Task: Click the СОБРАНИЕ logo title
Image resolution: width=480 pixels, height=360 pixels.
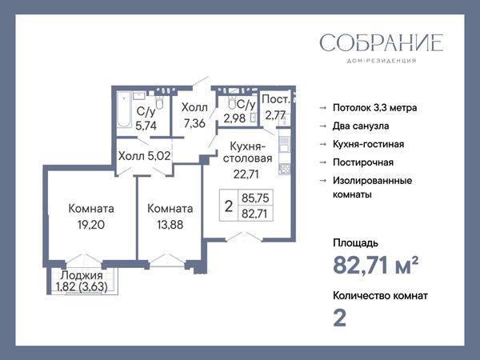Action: click(382, 43)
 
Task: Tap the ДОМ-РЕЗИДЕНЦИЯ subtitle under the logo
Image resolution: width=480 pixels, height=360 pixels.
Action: click(382, 61)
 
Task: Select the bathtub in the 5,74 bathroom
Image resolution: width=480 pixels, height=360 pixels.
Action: click(124, 110)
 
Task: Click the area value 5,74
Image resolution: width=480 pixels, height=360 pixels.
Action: click(146, 126)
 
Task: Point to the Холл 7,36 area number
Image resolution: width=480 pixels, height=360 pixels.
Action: click(194, 123)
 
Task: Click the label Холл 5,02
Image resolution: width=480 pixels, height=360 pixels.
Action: click(144, 156)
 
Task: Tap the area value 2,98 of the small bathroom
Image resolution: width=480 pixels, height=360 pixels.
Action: click(234, 118)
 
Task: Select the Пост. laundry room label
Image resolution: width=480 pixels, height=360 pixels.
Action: click(275, 99)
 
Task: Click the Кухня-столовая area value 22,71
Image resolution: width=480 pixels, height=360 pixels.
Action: click(246, 174)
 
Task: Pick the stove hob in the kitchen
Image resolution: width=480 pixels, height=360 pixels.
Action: click(284, 169)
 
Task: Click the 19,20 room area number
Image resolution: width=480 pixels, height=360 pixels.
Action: click(91, 225)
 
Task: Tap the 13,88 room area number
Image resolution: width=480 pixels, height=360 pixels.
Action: click(170, 225)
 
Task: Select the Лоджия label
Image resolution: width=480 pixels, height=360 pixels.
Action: click(82, 275)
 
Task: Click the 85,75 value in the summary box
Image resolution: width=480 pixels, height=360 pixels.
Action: click(255, 198)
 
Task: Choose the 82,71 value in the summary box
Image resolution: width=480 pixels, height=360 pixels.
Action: click(254, 214)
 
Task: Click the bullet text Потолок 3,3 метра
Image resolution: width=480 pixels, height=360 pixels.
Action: click(374, 108)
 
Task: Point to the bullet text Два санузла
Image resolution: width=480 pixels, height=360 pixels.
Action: click(361, 126)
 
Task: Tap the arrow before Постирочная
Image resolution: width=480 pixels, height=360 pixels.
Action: click(323, 162)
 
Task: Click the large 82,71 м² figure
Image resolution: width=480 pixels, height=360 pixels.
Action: click(376, 265)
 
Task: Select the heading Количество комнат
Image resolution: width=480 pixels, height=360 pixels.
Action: click(380, 296)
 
